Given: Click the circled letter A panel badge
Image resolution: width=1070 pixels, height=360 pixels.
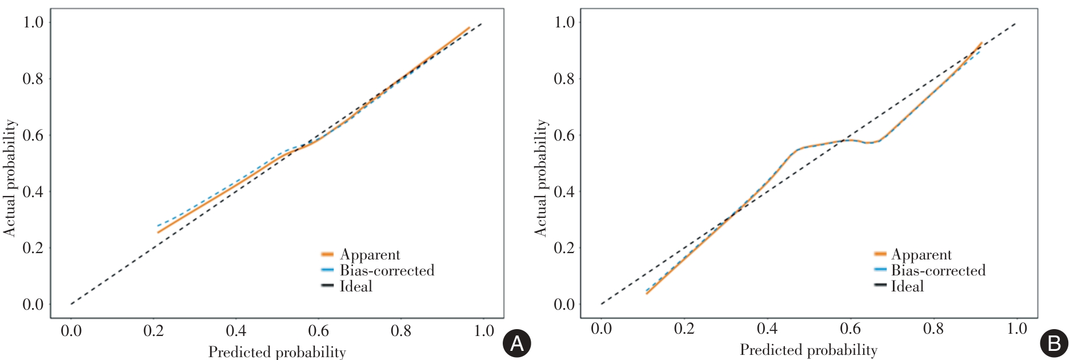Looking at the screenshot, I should coord(516,343).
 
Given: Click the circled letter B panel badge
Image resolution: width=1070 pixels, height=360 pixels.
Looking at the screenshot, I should coord(1055,343).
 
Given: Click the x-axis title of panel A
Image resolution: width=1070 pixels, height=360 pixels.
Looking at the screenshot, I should coord(277,352).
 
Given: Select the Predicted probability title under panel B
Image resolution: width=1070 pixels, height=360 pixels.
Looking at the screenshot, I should coord(808,350).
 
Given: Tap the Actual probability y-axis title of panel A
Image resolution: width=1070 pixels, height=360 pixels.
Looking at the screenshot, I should coord(10,178).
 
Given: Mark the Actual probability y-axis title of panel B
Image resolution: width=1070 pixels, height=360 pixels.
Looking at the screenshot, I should coord(540,178).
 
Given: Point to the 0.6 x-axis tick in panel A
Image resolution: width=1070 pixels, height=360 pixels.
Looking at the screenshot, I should coord(318,331).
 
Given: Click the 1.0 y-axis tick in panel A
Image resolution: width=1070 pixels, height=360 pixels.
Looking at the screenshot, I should coord(33,22).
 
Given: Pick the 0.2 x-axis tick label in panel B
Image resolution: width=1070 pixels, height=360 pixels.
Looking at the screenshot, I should coord(684,329).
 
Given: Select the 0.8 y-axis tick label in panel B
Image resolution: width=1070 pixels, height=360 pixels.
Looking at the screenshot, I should coord(564,78).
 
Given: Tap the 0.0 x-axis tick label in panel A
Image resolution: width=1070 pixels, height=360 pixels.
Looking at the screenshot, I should coord(71,331).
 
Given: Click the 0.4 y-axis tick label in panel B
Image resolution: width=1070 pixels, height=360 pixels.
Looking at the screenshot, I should coord(564,191).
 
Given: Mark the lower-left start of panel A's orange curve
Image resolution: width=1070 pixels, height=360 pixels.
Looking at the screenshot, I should coord(158,232).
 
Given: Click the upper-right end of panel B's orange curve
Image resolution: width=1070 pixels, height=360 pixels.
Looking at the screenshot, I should coord(981,43).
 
